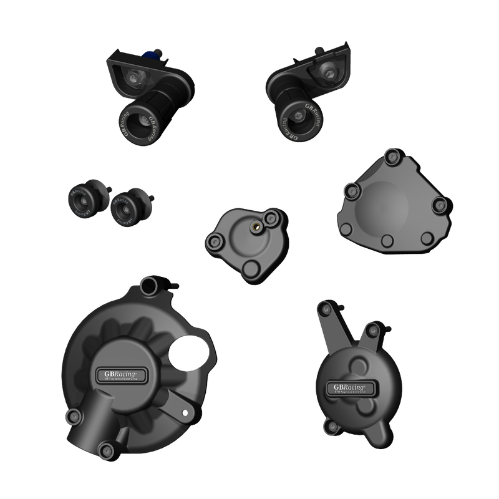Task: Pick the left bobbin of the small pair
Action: pos(81,200)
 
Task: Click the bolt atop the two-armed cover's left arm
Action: pos(322,309)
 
